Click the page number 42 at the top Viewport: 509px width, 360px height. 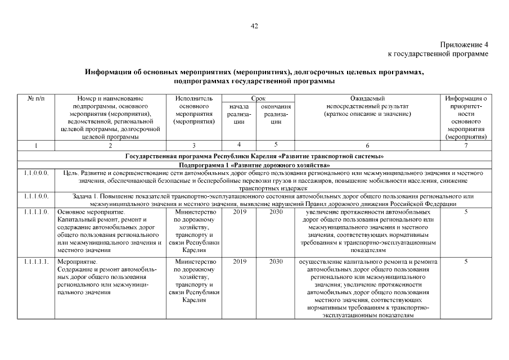click(x=254, y=26)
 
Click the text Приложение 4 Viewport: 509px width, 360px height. click(x=464, y=44)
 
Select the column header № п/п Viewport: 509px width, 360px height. click(x=35, y=98)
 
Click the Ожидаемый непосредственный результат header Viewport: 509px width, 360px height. click(x=367, y=106)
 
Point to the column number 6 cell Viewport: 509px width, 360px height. click(x=367, y=145)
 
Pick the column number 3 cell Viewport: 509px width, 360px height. click(x=193, y=145)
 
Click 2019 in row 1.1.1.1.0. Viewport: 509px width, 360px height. click(x=240, y=212)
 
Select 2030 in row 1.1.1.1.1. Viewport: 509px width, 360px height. click(x=276, y=262)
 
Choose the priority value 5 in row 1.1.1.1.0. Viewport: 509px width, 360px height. click(x=466, y=212)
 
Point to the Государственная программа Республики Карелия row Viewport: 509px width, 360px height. click(x=254, y=155)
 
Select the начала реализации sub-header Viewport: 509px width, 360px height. click(x=240, y=114)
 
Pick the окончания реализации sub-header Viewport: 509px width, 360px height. click(x=276, y=114)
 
